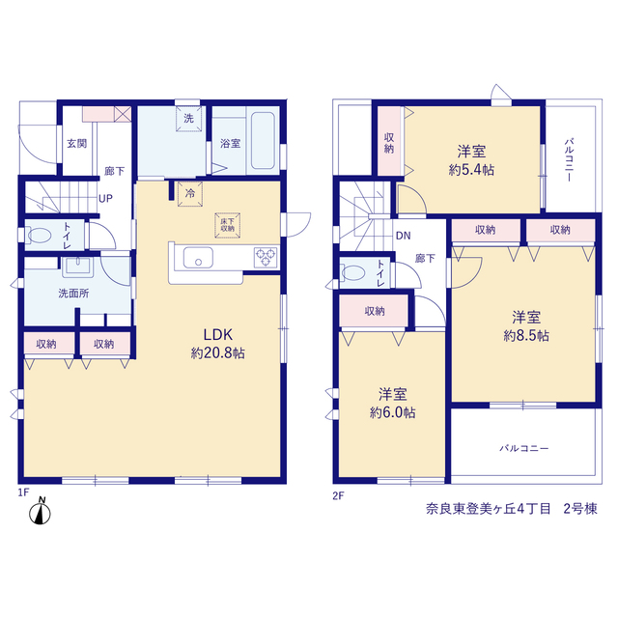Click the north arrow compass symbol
(41, 512)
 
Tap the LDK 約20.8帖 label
(218, 344)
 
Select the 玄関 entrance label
(76, 144)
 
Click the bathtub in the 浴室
(263, 141)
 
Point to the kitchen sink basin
(198, 258)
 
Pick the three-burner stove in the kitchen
(266, 257)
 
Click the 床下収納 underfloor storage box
(228, 225)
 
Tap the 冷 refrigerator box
(190, 194)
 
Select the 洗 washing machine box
(188, 118)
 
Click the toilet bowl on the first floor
(40, 236)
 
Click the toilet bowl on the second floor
(351, 272)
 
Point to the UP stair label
(105, 199)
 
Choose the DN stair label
(404, 236)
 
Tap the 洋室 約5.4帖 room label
(471, 160)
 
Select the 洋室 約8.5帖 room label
(526, 326)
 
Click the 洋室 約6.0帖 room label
(393, 404)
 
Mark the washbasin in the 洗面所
(78, 267)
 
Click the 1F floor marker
(23, 492)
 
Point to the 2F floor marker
(338, 495)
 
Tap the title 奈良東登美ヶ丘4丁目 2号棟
(512, 509)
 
